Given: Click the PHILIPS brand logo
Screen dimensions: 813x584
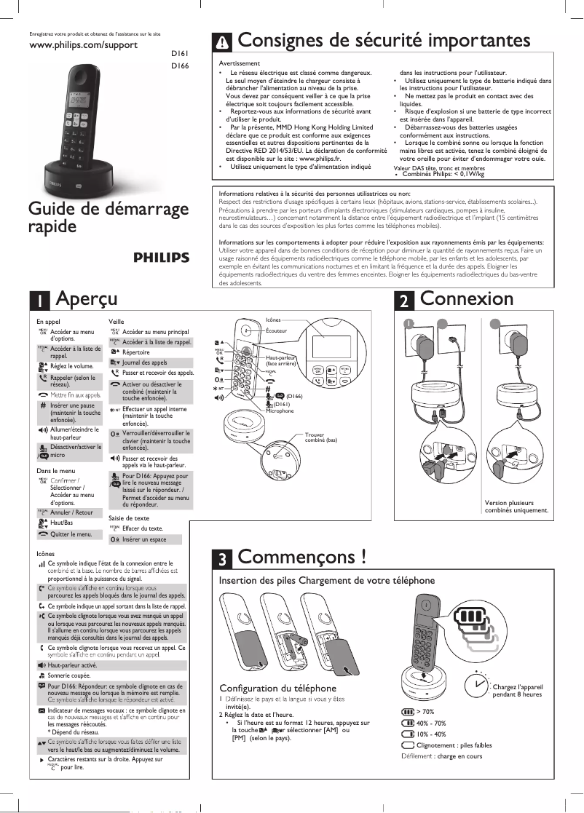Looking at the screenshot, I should tap(161, 258).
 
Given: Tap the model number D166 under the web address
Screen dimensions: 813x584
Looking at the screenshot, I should tap(179, 66).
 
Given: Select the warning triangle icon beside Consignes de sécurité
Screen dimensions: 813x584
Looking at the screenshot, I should tap(223, 41).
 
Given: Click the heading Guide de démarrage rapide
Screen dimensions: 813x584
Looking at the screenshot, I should tap(108, 217).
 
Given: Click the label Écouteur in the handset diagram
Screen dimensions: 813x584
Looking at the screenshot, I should tap(276, 330).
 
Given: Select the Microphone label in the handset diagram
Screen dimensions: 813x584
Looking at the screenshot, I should tap(280, 411).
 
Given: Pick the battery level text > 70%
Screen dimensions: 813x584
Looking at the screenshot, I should tap(425, 711).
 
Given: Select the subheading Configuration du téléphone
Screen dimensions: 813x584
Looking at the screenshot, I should tap(277, 688).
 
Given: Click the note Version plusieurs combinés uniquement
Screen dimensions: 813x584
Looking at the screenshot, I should tap(516, 507).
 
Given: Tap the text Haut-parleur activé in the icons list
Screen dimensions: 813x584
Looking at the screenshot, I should tap(72, 665).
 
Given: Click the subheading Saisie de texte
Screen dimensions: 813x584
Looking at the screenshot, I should tap(129, 518).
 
